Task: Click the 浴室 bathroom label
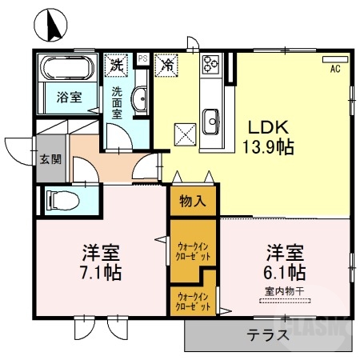click(x=68, y=98)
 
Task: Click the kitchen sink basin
click(x=211, y=122)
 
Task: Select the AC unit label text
click(x=334, y=69)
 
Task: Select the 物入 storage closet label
click(x=192, y=201)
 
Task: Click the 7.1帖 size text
click(x=101, y=273)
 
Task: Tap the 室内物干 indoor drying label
click(x=284, y=293)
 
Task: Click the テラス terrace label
click(x=266, y=335)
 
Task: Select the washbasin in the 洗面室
click(x=139, y=101)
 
